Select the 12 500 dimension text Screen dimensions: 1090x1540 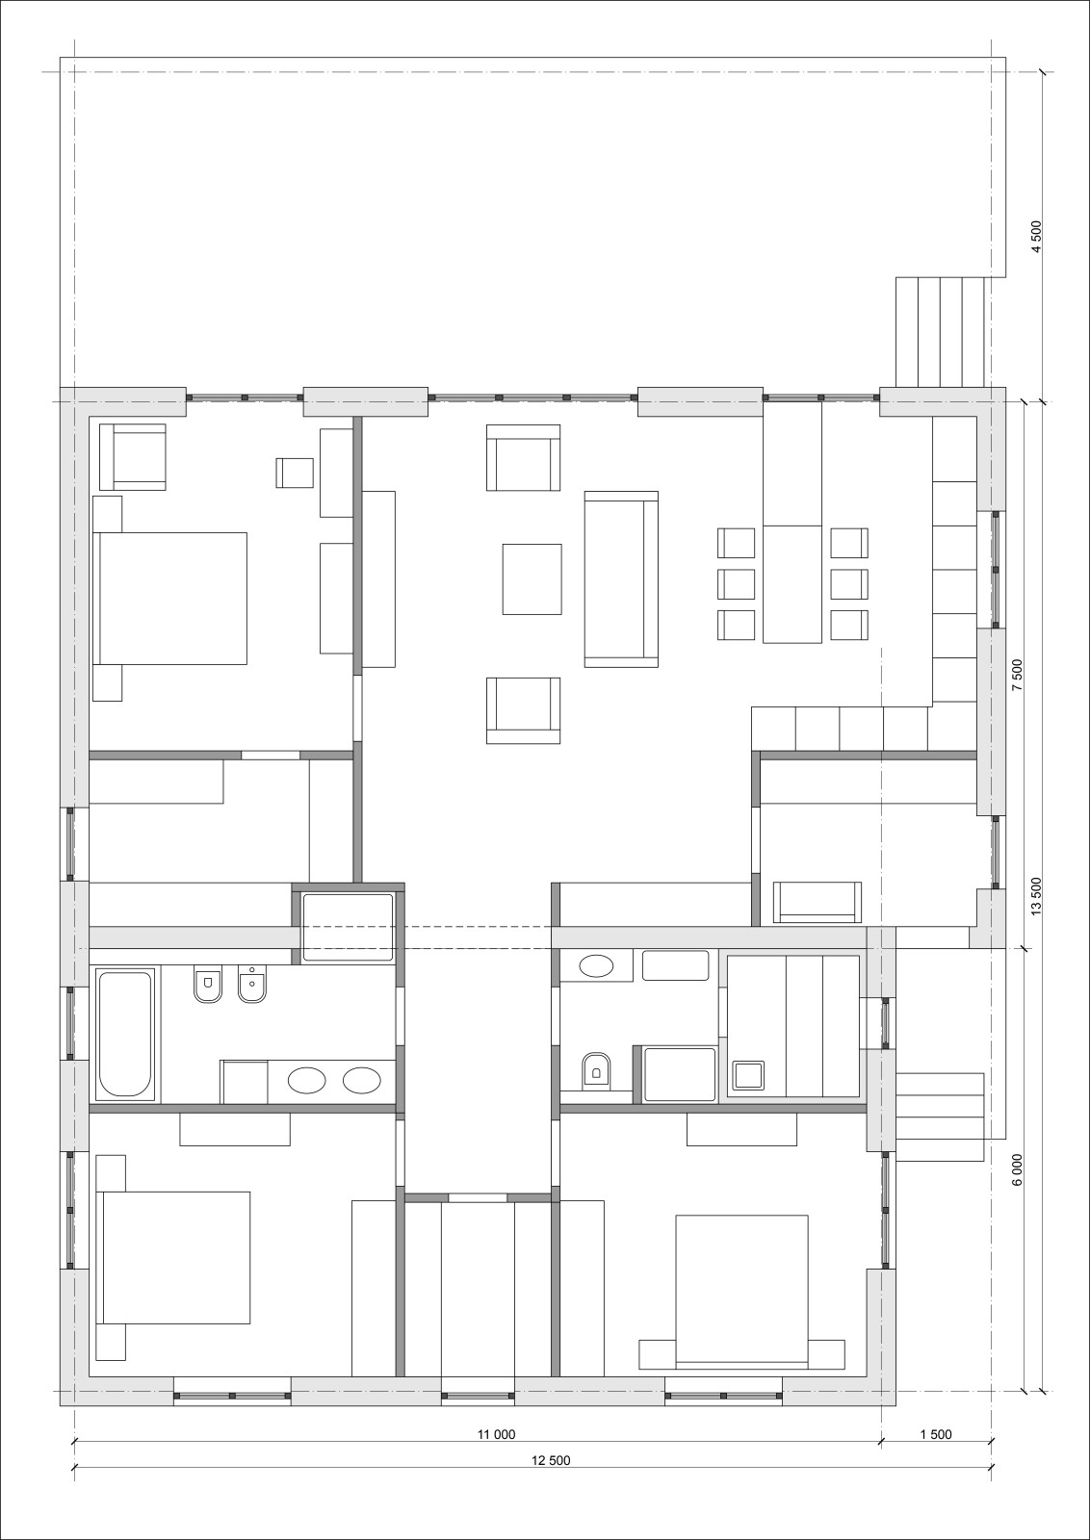pos(551,1460)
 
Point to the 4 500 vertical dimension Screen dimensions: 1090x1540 pos(1037,237)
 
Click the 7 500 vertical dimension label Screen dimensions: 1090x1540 pos(1018,675)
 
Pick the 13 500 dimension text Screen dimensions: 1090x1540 pos(1037,895)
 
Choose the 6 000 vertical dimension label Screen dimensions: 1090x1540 pos(1018,1168)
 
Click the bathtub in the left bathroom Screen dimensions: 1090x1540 pos(125,1034)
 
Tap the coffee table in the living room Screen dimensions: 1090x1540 pos(532,578)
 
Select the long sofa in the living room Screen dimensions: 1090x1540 pos(621,578)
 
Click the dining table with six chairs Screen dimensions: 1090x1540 pos(792,584)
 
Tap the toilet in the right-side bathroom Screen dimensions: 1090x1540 pos(595,1069)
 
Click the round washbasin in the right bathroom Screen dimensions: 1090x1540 pos(596,966)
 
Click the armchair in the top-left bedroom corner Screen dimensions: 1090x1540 pos(133,456)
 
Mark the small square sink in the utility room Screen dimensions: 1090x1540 pos(748,1075)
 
